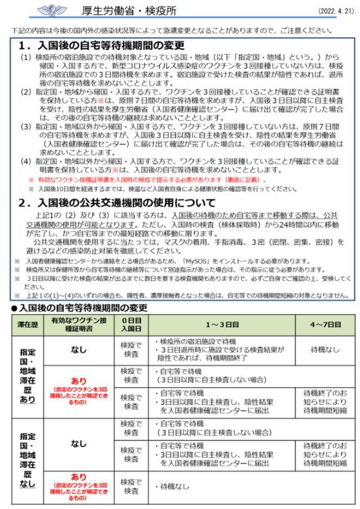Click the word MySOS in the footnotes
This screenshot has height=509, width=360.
[195, 261]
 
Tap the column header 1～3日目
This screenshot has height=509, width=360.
[221, 324]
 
